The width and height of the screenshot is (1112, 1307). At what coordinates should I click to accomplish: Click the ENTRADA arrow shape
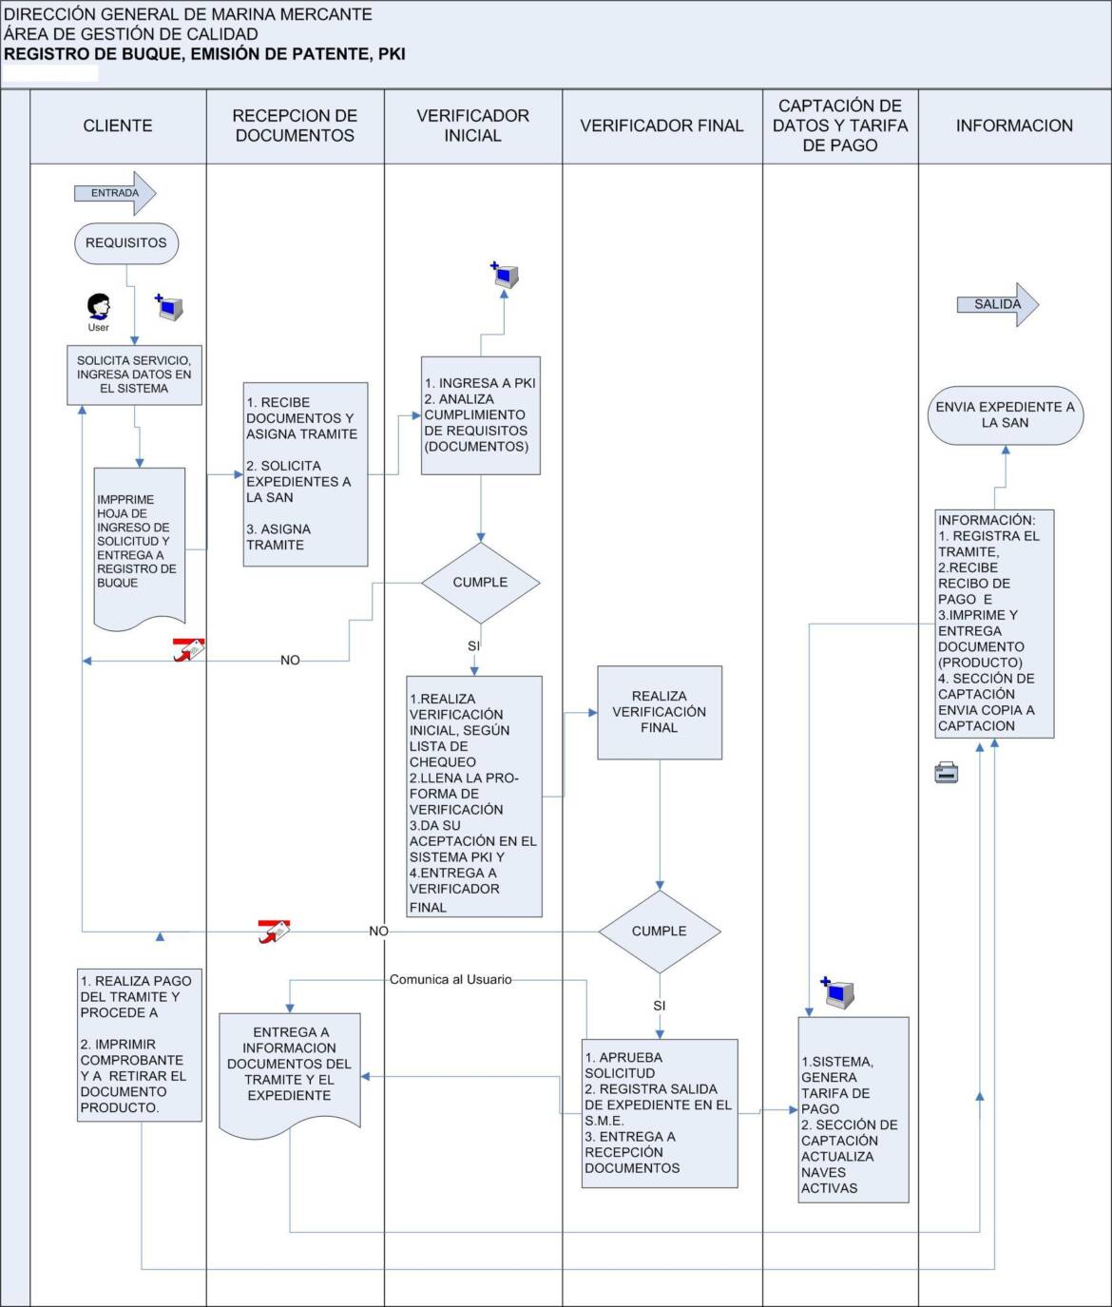pos(115,193)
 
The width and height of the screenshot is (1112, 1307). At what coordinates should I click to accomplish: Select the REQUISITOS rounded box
pos(126,242)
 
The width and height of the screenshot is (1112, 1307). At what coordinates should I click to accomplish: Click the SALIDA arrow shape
pos(998,304)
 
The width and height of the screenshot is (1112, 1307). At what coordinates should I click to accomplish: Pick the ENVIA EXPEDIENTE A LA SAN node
pos(1006,415)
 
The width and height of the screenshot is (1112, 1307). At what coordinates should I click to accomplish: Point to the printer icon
pos(947,773)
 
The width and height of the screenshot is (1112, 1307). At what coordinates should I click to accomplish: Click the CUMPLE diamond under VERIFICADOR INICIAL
pos(481,583)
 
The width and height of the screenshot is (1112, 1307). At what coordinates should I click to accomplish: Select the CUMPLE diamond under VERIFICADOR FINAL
pos(660,932)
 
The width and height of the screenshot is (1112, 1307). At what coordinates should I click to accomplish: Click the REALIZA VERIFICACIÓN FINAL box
pos(660,713)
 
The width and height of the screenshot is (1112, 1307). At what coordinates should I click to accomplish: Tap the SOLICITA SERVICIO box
pos(135,375)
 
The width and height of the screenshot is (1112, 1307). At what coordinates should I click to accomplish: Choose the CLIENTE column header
pos(118,125)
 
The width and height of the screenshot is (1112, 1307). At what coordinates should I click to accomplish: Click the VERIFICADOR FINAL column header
pos(661,125)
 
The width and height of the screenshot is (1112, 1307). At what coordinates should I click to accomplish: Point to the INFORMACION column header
pos(1014,125)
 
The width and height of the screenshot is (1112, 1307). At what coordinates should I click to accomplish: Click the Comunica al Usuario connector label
pos(451,979)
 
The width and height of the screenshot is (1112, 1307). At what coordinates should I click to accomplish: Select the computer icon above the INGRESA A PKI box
pos(505,275)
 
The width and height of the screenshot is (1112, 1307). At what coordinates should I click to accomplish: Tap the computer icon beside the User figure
pos(169,307)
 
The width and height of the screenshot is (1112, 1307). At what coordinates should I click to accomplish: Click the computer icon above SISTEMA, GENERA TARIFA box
pos(837,992)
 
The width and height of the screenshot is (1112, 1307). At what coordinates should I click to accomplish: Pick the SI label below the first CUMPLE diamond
pos(473,646)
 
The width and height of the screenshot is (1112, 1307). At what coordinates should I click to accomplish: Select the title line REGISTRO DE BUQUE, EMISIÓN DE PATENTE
pos(205,54)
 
